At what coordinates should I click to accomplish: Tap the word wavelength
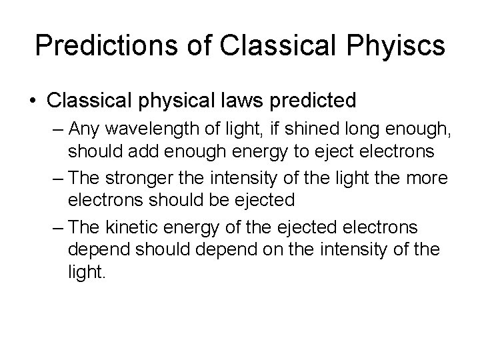(x=157, y=129)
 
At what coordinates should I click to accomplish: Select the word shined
(x=301, y=129)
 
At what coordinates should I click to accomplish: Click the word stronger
(x=144, y=179)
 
